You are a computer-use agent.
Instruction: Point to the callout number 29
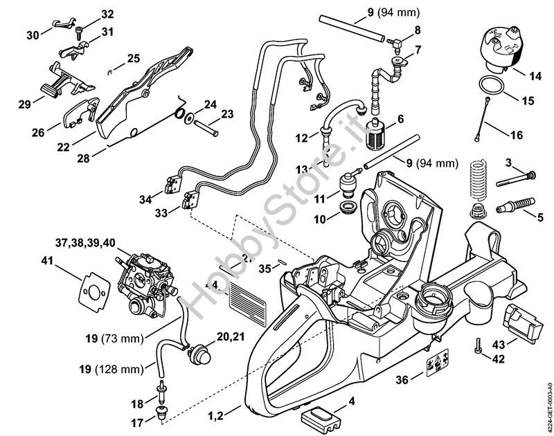pyautogui.click(x=25, y=103)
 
